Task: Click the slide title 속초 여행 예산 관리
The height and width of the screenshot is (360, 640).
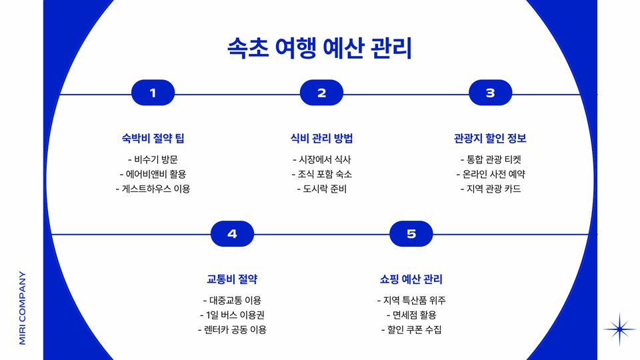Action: (x=320, y=49)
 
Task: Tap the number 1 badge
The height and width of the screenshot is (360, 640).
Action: (x=153, y=93)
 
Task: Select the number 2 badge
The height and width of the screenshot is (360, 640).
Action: (x=321, y=93)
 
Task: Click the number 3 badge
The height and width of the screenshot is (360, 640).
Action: (x=490, y=93)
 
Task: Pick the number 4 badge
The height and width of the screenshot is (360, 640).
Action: (x=232, y=234)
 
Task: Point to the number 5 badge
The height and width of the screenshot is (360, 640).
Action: (x=411, y=234)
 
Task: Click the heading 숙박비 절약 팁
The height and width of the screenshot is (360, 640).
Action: (x=153, y=139)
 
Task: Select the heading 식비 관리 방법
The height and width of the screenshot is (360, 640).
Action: (x=321, y=139)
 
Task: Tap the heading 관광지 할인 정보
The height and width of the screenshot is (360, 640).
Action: (x=490, y=139)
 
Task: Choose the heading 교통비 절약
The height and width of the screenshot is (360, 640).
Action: (x=232, y=279)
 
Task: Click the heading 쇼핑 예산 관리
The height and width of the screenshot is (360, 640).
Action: (x=411, y=279)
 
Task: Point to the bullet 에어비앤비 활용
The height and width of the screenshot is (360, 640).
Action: (x=153, y=174)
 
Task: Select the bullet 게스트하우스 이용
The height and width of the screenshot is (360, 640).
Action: (x=153, y=189)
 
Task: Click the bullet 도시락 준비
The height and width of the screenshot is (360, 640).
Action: (x=321, y=189)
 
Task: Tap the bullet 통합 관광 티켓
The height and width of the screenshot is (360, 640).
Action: (x=490, y=159)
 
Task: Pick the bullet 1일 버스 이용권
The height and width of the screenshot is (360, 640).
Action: (x=232, y=315)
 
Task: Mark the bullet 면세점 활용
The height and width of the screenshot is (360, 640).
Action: (x=411, y=315)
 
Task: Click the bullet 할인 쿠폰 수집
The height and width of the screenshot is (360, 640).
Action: (x=411, y=329)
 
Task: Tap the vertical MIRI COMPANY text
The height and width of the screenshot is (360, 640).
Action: (x=23, y=307)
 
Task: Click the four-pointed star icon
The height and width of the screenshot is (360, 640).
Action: (x=619, y=329)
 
